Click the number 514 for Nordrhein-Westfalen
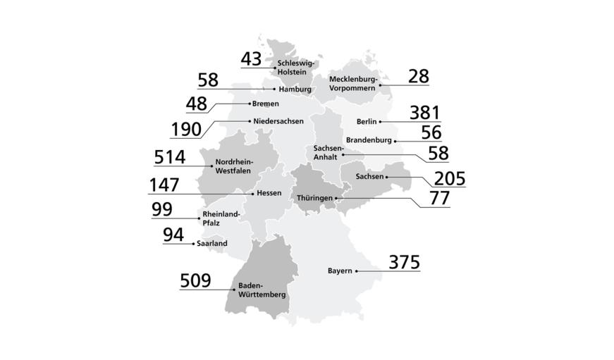169,156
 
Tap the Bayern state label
340,271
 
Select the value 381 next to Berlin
424,113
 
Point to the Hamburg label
295,89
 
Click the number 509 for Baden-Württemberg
195,281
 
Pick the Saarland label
212,243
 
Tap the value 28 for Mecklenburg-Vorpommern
418,76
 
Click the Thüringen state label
314,199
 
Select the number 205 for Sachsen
450,178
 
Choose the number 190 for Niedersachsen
186,130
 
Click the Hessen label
269,193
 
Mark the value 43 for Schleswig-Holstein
251,59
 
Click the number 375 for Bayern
405,262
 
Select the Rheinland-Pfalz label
221,218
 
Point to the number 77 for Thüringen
439,198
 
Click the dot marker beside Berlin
380,122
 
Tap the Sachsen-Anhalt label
329,152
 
